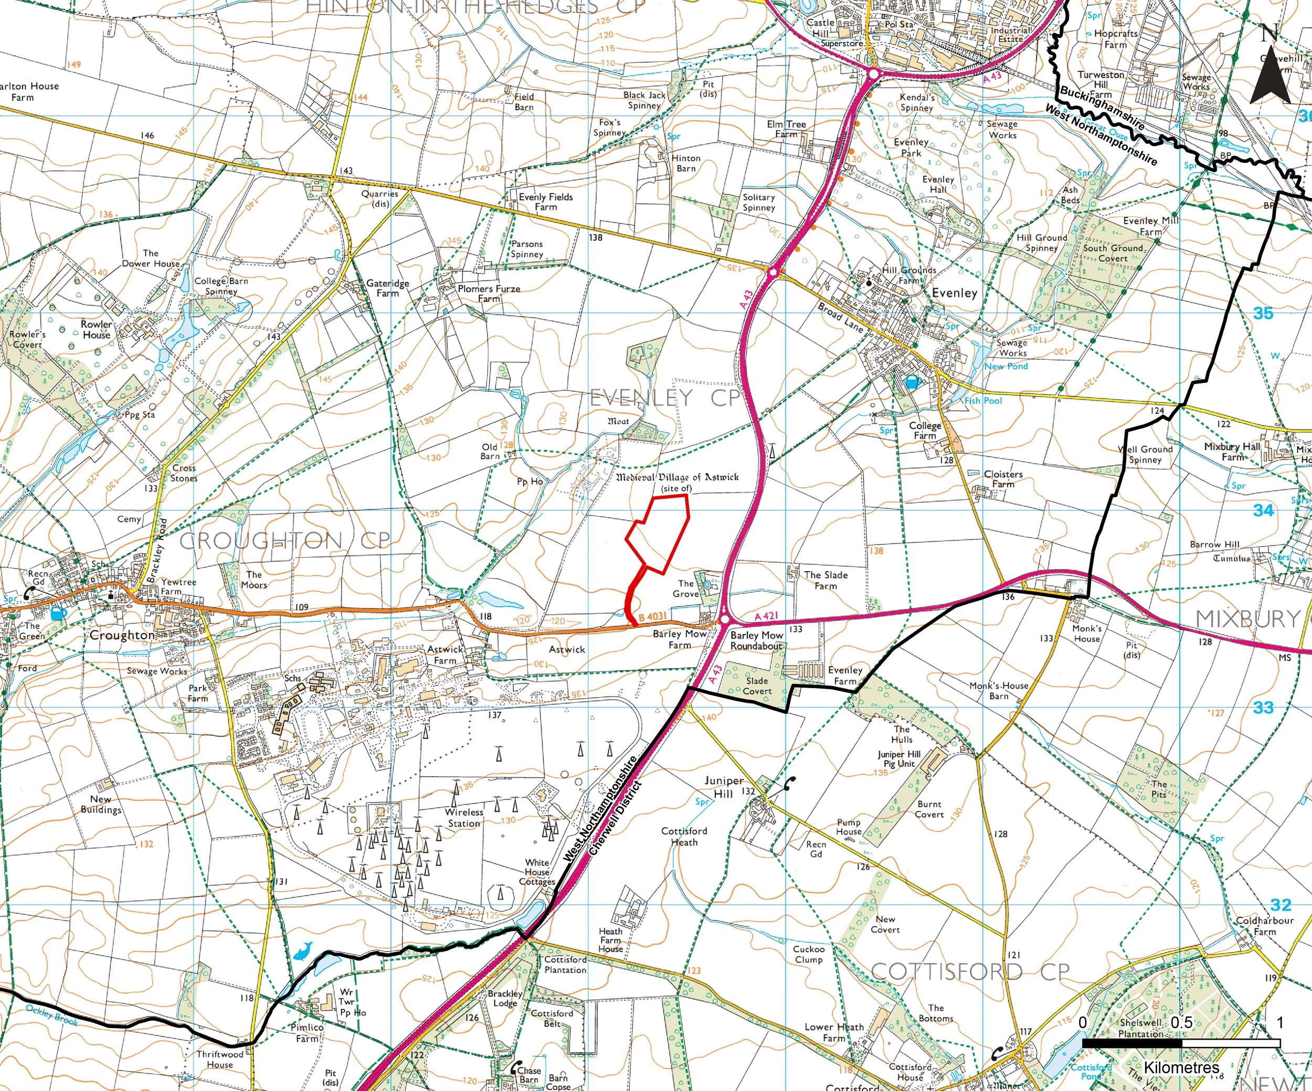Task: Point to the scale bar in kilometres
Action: pos(1181,1043)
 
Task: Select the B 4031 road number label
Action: pos(652,616)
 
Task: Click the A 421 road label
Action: pos(766,616)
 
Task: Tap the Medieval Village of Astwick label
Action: pos(677,478)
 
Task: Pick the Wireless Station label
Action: pos(464,818)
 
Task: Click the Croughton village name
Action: pos(122,635)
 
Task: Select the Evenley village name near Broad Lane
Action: pos(954,293)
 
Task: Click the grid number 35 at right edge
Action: pos(1263,314)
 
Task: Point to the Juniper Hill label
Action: pos(724,787)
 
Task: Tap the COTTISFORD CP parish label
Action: pos(970,971)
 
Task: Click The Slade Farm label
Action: pos(826,580)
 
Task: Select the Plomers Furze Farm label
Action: pos(489,294)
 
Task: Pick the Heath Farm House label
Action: pos(610,940)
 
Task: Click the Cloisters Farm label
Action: pos(1003,479)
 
